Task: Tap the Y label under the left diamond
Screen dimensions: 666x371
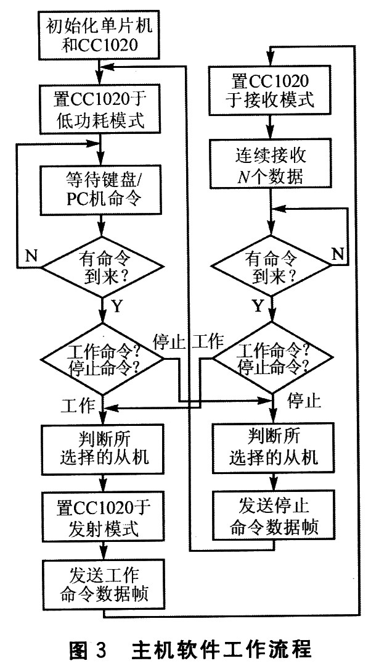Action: [x=118, y=305]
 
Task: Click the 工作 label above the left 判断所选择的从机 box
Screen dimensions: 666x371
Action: [x=77, y=406]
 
